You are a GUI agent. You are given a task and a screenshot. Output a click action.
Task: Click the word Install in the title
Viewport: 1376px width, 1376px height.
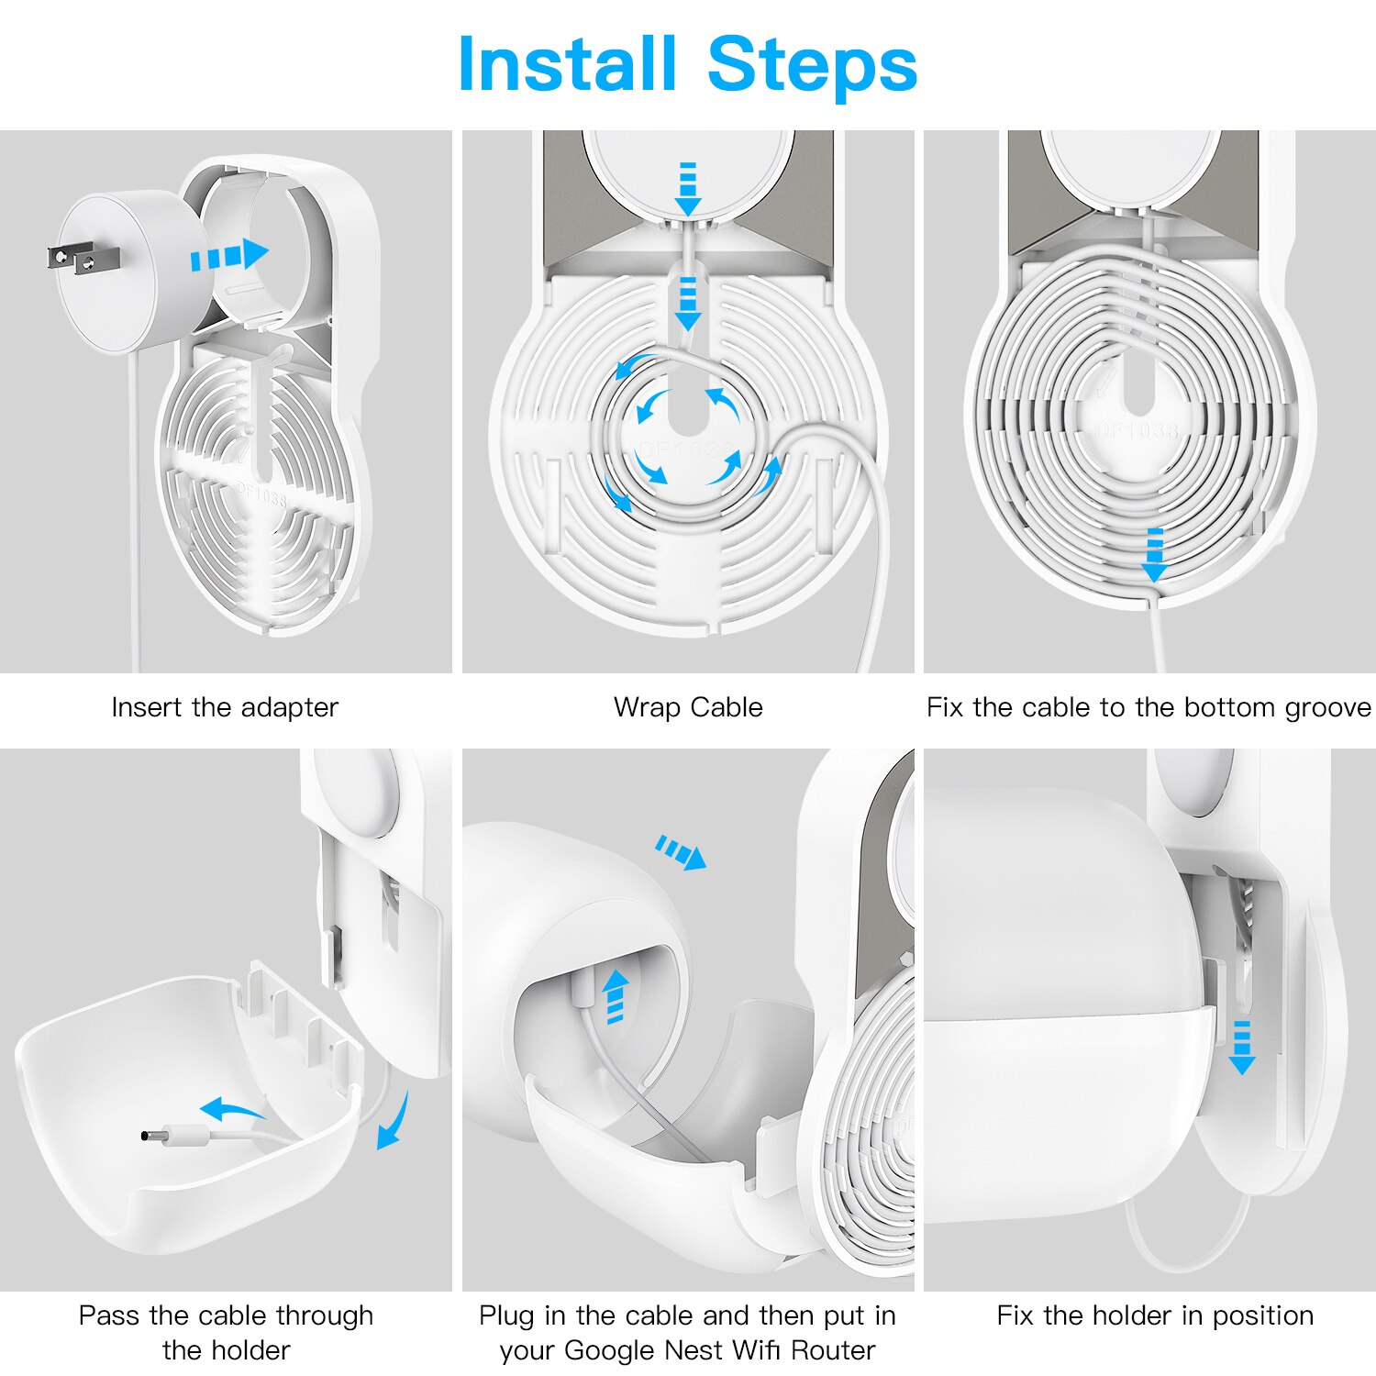point(567,64)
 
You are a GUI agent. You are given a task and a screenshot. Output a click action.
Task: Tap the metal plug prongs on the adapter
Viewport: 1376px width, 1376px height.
point(71,259)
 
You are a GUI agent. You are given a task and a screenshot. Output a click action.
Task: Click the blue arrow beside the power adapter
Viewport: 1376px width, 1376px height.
point(229,255)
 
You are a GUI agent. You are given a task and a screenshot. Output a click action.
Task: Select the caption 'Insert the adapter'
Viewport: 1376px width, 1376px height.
point(225,707)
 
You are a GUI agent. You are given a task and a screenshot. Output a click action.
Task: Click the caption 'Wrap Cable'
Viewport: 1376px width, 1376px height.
point(688,707)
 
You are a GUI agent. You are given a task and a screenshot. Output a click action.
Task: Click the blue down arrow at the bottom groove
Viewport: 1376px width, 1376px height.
point(1154,555)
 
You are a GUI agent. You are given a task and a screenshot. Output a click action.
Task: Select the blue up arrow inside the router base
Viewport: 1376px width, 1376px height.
point(616,996)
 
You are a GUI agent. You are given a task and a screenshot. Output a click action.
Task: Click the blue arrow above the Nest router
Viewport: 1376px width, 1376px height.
point(682,853)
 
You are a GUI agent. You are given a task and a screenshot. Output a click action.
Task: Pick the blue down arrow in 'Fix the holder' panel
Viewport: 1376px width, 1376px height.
point(1242,1046)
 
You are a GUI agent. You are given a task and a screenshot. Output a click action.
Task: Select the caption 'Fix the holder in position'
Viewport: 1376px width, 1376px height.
point(1155,1315)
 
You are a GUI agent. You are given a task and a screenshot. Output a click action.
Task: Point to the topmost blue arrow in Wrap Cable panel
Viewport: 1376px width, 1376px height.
point(687,189)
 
